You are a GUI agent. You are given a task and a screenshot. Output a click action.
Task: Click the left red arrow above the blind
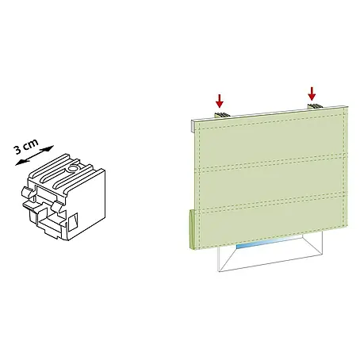coord(220,101)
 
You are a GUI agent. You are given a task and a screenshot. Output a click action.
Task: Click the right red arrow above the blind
coord(312,94)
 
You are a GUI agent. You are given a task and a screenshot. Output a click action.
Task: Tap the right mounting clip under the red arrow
coord(315,106)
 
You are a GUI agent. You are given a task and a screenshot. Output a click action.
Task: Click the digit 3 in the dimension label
coord(18,150)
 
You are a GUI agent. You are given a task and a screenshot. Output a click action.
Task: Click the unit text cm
coord(31,144)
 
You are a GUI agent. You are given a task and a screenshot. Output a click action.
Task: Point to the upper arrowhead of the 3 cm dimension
coord(50,147)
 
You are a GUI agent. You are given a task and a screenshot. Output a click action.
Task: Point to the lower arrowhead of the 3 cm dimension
coord(18,163)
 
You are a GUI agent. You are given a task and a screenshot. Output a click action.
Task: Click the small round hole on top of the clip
coord(72,168)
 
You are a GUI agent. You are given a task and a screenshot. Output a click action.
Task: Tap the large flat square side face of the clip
coord(86,205)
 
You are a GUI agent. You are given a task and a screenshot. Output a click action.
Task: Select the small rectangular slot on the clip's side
coord(73,221)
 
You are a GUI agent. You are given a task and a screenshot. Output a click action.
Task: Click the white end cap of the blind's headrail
coord(193,126)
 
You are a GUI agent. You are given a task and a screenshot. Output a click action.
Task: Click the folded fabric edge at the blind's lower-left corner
coord(192,229)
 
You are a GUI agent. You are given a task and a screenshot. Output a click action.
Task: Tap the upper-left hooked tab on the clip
coord(27,192)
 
